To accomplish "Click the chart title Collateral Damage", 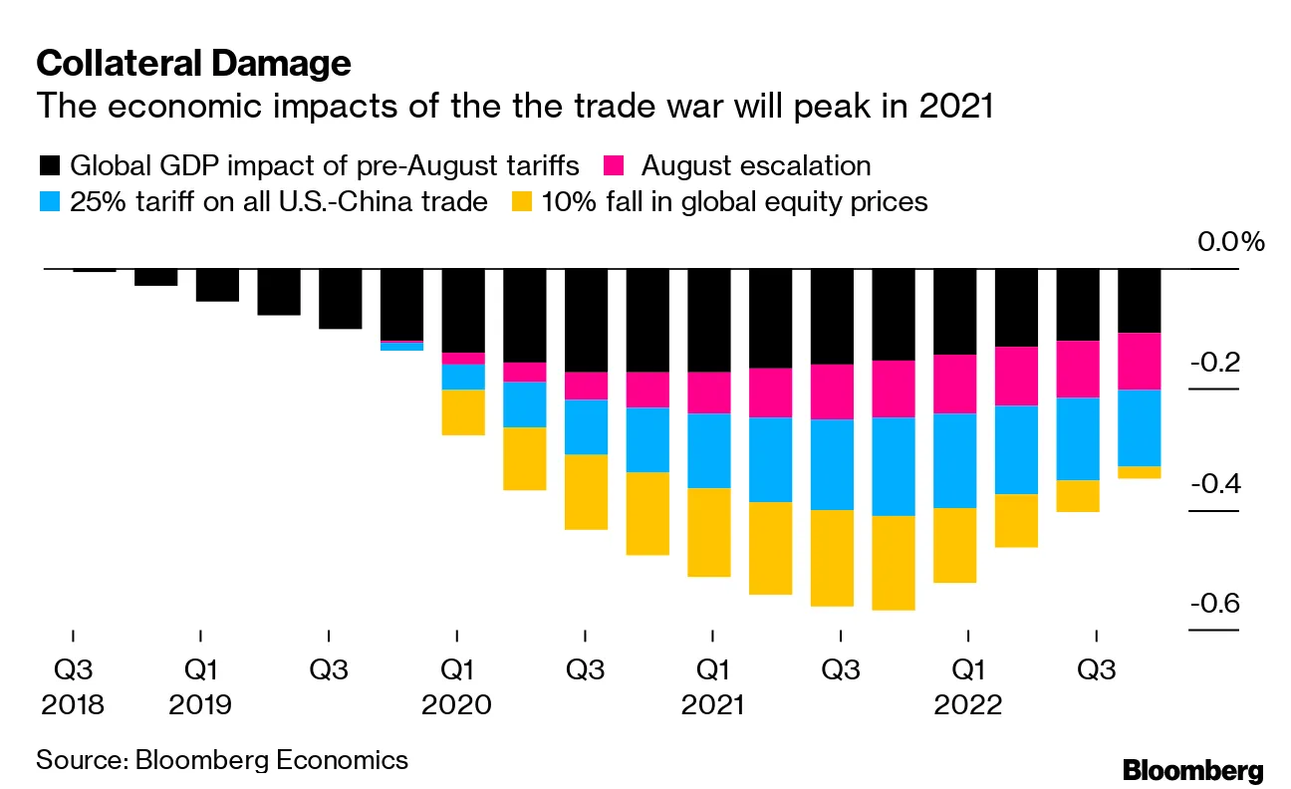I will coord(193,64).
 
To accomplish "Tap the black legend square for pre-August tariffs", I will coord(49,165).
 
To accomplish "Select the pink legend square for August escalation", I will coord(618,165).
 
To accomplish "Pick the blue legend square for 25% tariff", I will coord(49,202).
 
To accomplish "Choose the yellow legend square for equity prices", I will coord(520,202).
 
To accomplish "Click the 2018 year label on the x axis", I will coord(73,705).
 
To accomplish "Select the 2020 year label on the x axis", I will coord(456,705).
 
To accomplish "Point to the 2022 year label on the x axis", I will coord(967,705).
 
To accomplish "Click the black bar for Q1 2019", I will coord(217,285).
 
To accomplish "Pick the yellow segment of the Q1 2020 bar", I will coord(463,411).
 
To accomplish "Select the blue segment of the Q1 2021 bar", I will coord(709,450).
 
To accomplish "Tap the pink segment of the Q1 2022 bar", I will coord(955,384).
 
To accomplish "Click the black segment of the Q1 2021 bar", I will coord(709,320).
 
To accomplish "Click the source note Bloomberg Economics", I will coord(222,760).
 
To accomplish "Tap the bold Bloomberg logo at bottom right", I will coord(1192,770).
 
